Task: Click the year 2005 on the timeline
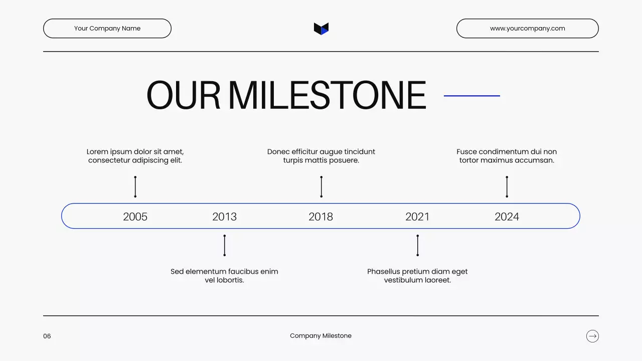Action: [135, 217]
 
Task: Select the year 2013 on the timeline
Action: [224, 217]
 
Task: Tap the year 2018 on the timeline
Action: [320, 217]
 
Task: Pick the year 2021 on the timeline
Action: [417, 217]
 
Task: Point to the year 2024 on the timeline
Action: [507, 217]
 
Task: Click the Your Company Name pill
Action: [107, 29]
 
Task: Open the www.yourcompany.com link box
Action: [527, 29]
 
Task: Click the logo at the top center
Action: [321, 29]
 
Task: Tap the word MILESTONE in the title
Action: [327, 95]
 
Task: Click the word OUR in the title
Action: [183, 95]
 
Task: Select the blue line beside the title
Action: [472, 96]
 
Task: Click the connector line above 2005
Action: [135, 187]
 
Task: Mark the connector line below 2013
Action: [224, 245]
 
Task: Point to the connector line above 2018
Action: [321, 187]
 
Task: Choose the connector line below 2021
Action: [417, 245]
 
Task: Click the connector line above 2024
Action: [507, 187]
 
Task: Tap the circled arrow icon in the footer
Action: [592, 336]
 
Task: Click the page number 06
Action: [47, 336]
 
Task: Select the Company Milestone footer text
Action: [320, 336]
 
